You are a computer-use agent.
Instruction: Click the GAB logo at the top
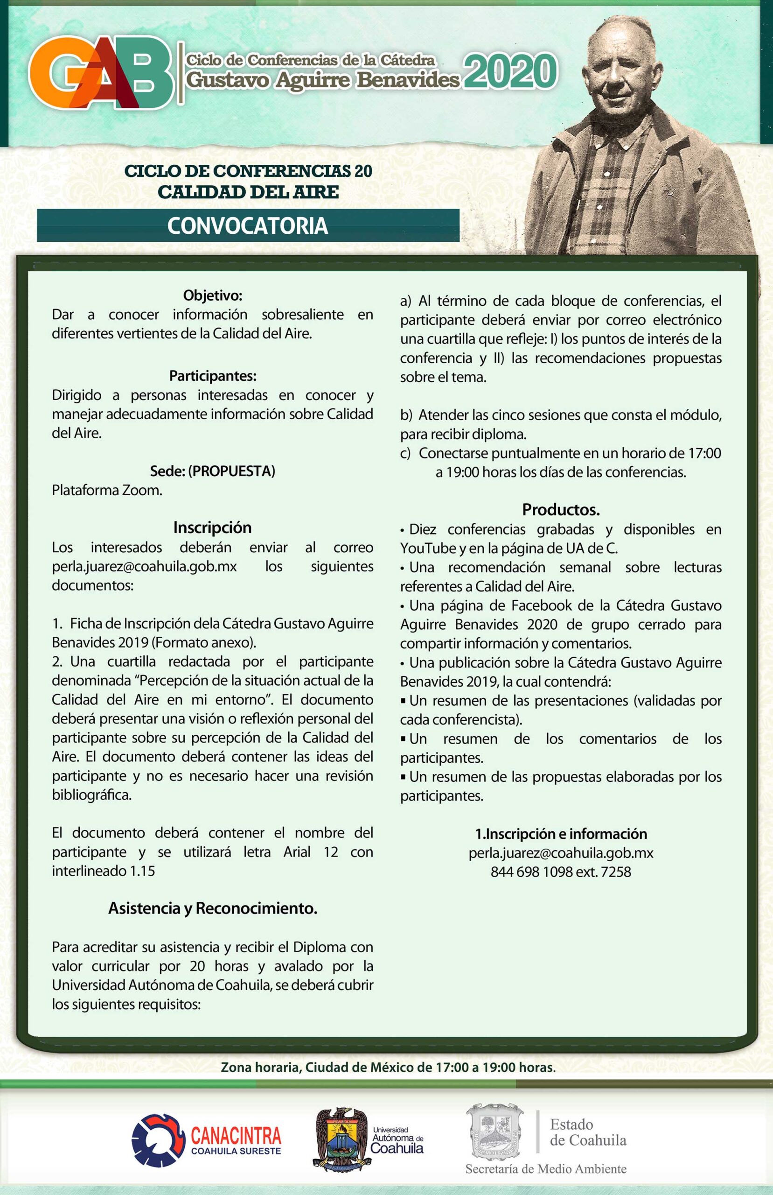click(100, 73)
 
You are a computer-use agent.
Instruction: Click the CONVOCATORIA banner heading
click(247, 226)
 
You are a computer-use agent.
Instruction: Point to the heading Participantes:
click(212, 376)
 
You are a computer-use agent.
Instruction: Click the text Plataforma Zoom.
click(107, 490)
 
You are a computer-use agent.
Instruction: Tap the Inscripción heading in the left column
click(212, 527)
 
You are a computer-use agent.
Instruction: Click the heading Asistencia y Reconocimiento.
click(212, 908)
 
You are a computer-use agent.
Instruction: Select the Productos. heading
click(561, 510)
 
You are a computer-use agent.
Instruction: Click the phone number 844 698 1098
click(532, 872)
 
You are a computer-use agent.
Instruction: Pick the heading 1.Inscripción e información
click(561, 834)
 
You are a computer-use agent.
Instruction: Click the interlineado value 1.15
click(143, 871)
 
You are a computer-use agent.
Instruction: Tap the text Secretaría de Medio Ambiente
click(546, 1168)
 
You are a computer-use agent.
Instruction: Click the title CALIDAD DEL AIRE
click(248, 192)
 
